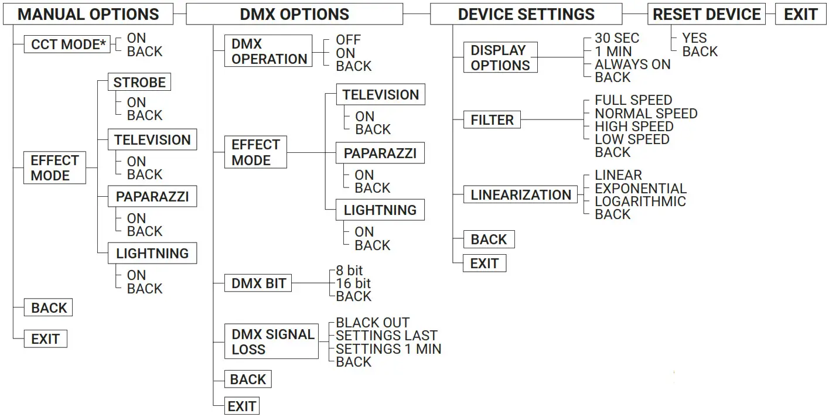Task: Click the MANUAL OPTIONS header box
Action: point(88,15)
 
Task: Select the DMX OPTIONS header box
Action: point(294,15)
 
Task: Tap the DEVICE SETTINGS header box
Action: point(526,15)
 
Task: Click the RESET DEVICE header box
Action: point(707,15)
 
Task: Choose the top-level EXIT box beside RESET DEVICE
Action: point(800,15)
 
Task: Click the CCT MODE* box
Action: point(67,45)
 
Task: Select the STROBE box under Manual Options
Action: point(139,83)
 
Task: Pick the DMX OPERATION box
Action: point(269,52)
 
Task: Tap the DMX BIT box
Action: point(258,284)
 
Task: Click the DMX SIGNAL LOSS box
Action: point(272,342)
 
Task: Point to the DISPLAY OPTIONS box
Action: point(500,57)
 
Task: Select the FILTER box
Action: point(492,120)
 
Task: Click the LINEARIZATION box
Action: point(520,195)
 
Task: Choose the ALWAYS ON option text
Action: point(632,64)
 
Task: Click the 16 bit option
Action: point(353,283)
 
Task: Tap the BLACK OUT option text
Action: point(373,323)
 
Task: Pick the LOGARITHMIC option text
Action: point(640,201)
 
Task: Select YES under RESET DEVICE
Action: point(694,39)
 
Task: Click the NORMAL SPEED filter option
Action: point(646,114)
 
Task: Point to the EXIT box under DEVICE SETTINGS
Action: point(484,264)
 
